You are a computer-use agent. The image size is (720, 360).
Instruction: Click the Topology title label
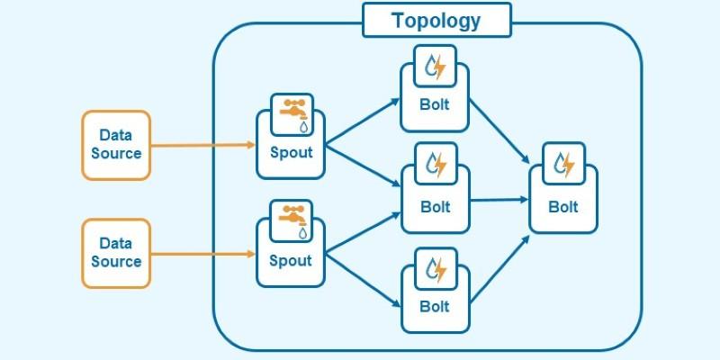pos(436,20)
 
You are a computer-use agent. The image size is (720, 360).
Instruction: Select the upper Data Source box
pos(116,145)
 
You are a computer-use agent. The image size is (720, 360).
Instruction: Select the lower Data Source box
pos(116,253)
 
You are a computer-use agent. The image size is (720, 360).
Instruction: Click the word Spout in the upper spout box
pos(292,152)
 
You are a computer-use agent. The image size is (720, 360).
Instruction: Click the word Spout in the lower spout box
pos(292,260)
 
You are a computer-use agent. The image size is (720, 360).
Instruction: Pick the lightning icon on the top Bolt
pos(436,67)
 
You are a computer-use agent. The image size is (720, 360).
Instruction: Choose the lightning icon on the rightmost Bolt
pos(564,163)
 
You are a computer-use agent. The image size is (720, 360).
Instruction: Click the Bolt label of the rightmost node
pos(564,206)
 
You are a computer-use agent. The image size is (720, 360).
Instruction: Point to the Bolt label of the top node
pos(435,103)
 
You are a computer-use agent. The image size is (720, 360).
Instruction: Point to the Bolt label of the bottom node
pos(435,306)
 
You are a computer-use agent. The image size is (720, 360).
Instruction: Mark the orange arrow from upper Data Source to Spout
pos(203,145)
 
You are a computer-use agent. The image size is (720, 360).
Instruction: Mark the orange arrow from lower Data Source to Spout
pos(203,254)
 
